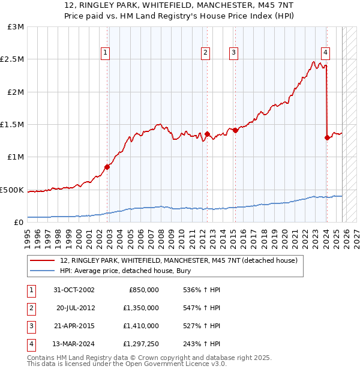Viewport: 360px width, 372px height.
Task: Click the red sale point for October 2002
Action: coord(107,167)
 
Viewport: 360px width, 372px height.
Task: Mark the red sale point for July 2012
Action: coord(207,134)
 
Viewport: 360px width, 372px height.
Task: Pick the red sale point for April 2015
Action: coord(235,130)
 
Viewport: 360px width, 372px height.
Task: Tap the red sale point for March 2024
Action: coord(327,137)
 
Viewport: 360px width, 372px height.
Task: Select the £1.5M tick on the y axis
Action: coord(13,125)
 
